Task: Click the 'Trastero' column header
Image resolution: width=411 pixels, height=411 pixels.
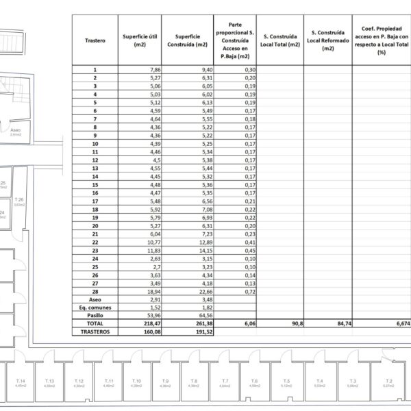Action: pyautogui.click(x=95, y=40)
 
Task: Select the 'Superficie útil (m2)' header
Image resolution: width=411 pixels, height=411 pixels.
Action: pyautogui.click(x=142, y=40)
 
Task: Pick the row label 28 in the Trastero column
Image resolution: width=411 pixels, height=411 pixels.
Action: pyautogui.click(x=95, y=291)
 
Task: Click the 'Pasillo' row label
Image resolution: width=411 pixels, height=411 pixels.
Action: pyautogui.click(x=95, y=315)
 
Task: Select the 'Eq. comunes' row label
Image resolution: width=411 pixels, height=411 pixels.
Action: pyautogui.click(x=95, y=308)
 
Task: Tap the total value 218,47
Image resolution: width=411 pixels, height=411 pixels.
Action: pyautogui.click(x=151, y=323)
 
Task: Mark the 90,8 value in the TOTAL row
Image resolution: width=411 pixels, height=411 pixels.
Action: pyautogui.click(x=295, y=323)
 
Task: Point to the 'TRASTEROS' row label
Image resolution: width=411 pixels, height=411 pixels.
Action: pyautogui.click(x=95, y=332)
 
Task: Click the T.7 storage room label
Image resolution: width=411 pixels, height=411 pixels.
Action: pyautogui.click(x=225, y=381)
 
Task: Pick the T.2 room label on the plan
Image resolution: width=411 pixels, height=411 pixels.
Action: pyautogui.click(x=388, y=381)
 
